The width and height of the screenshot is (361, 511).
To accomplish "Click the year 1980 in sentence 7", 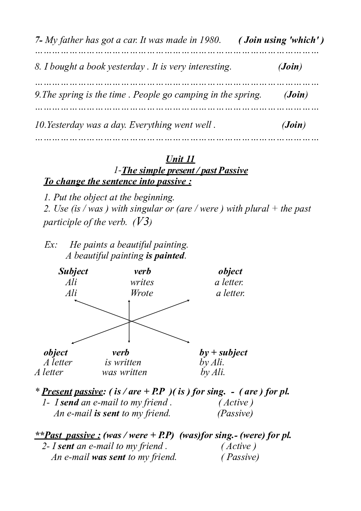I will coord(210,40).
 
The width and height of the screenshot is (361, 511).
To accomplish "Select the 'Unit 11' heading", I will coord(180,159).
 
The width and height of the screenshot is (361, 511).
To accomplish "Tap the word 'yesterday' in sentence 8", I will coord(126,67).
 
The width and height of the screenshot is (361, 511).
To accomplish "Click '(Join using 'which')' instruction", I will coord(281,40).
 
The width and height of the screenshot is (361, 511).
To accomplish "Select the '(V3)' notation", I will coord(142,222).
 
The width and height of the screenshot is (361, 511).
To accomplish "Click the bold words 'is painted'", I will coord(165,256).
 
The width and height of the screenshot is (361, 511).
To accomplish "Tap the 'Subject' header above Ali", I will coord(73,271).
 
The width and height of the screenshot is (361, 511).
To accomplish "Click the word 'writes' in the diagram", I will coord(142,282).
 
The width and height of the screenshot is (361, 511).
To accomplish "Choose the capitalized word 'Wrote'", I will coord(142,293).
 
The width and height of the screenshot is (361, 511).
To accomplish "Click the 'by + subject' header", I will coord(223,353).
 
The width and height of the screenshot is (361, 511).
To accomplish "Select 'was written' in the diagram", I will coord(124,372).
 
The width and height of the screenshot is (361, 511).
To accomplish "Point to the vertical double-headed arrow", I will coord(129,321).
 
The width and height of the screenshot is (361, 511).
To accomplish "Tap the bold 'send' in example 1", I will coord(70,402).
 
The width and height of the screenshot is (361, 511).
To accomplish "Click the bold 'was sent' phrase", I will coord(108,457).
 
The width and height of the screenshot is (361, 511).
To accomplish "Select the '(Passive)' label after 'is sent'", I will coord(235,413).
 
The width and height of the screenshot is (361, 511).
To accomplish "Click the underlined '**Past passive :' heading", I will coord(67,436).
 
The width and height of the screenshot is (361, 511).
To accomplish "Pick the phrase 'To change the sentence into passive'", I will coord(117,181).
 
